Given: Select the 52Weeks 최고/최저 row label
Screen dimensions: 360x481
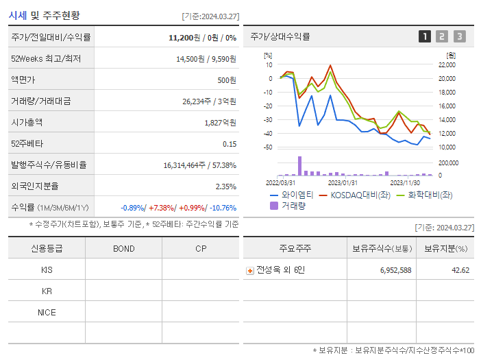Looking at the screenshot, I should (x=46, y=59).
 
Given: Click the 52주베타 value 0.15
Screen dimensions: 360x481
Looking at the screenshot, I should (x=230, y=144).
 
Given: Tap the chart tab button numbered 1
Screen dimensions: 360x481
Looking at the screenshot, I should (x=425, y=36).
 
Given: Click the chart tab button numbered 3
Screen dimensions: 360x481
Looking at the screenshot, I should (x=459, y=36).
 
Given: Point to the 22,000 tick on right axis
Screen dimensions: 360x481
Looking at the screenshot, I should (x=446, y=64).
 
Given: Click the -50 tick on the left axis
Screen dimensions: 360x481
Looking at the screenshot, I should (x=268, y=147).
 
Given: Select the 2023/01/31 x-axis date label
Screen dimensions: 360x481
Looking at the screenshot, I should (x=343, y=182).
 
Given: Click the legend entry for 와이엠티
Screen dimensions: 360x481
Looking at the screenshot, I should (x=292, y=195).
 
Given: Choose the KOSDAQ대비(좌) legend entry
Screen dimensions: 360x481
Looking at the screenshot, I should (x=352, y=195).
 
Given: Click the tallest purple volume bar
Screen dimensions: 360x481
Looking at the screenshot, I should (x=299, y=166).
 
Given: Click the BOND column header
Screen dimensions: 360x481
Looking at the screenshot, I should (x=123, y=248).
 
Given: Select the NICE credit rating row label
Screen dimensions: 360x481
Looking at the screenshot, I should (x=47, y=313).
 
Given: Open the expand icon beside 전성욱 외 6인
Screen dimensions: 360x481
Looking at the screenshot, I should (x=249, y=270).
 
